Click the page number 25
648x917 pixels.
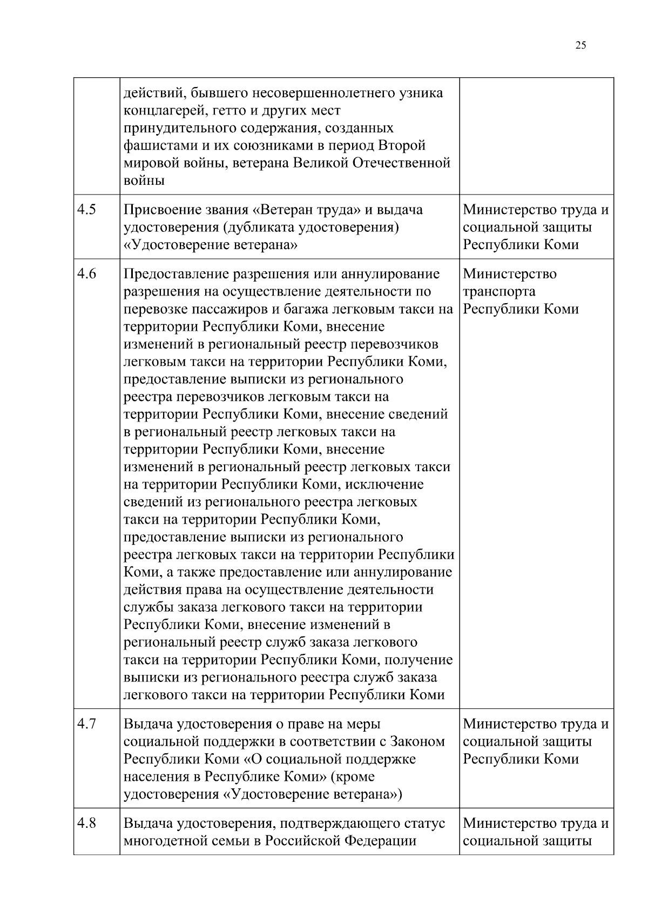point(580,45)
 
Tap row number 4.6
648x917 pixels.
point(86,274)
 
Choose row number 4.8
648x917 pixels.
point(86,824)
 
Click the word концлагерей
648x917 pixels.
point(160,111)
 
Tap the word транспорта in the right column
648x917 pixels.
point(500,292)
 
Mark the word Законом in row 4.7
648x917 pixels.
point(417,742)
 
